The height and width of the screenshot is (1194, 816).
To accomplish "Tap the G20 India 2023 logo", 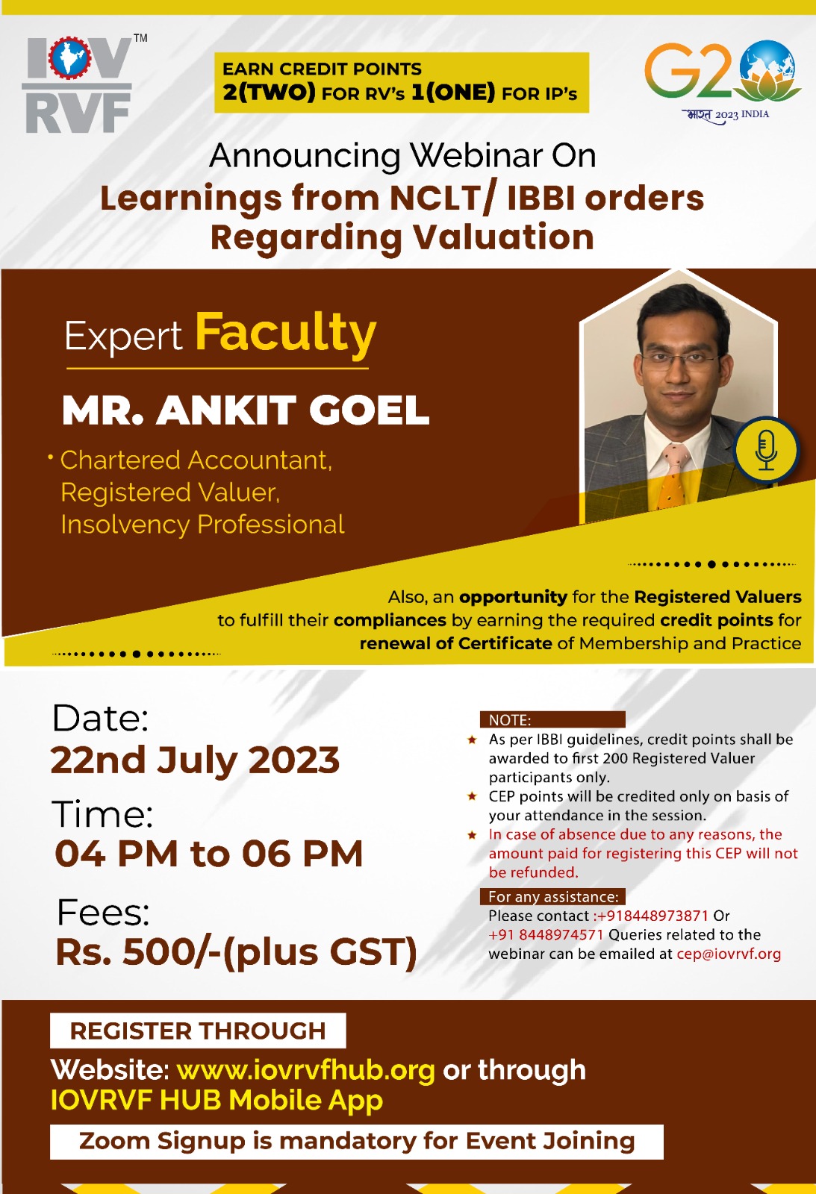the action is (723, 81).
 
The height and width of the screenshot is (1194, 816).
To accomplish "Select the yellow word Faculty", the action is (286, 334).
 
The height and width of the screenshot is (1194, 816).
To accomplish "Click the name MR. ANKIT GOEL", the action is (246, 410).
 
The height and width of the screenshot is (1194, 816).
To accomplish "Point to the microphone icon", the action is (767, 449).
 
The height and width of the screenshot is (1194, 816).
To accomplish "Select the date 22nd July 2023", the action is (195, 760).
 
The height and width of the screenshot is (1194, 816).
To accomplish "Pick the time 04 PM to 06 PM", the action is (208, 854).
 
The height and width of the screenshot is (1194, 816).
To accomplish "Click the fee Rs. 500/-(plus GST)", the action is (236, 952).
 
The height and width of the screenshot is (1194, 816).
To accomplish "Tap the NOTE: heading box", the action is (552, 719).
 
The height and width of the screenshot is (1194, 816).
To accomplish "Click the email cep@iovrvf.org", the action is (729, 954).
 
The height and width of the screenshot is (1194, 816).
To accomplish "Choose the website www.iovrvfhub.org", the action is (305, 1070).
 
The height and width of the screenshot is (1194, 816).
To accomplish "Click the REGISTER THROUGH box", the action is (198, 1031).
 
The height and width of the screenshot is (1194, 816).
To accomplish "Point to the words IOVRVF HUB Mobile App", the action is (217, 1100).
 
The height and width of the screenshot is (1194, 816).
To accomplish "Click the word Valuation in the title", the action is (503, 237).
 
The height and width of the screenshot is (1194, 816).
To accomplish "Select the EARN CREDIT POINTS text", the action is (322, 69).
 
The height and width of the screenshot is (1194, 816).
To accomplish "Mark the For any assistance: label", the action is (553, 896).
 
